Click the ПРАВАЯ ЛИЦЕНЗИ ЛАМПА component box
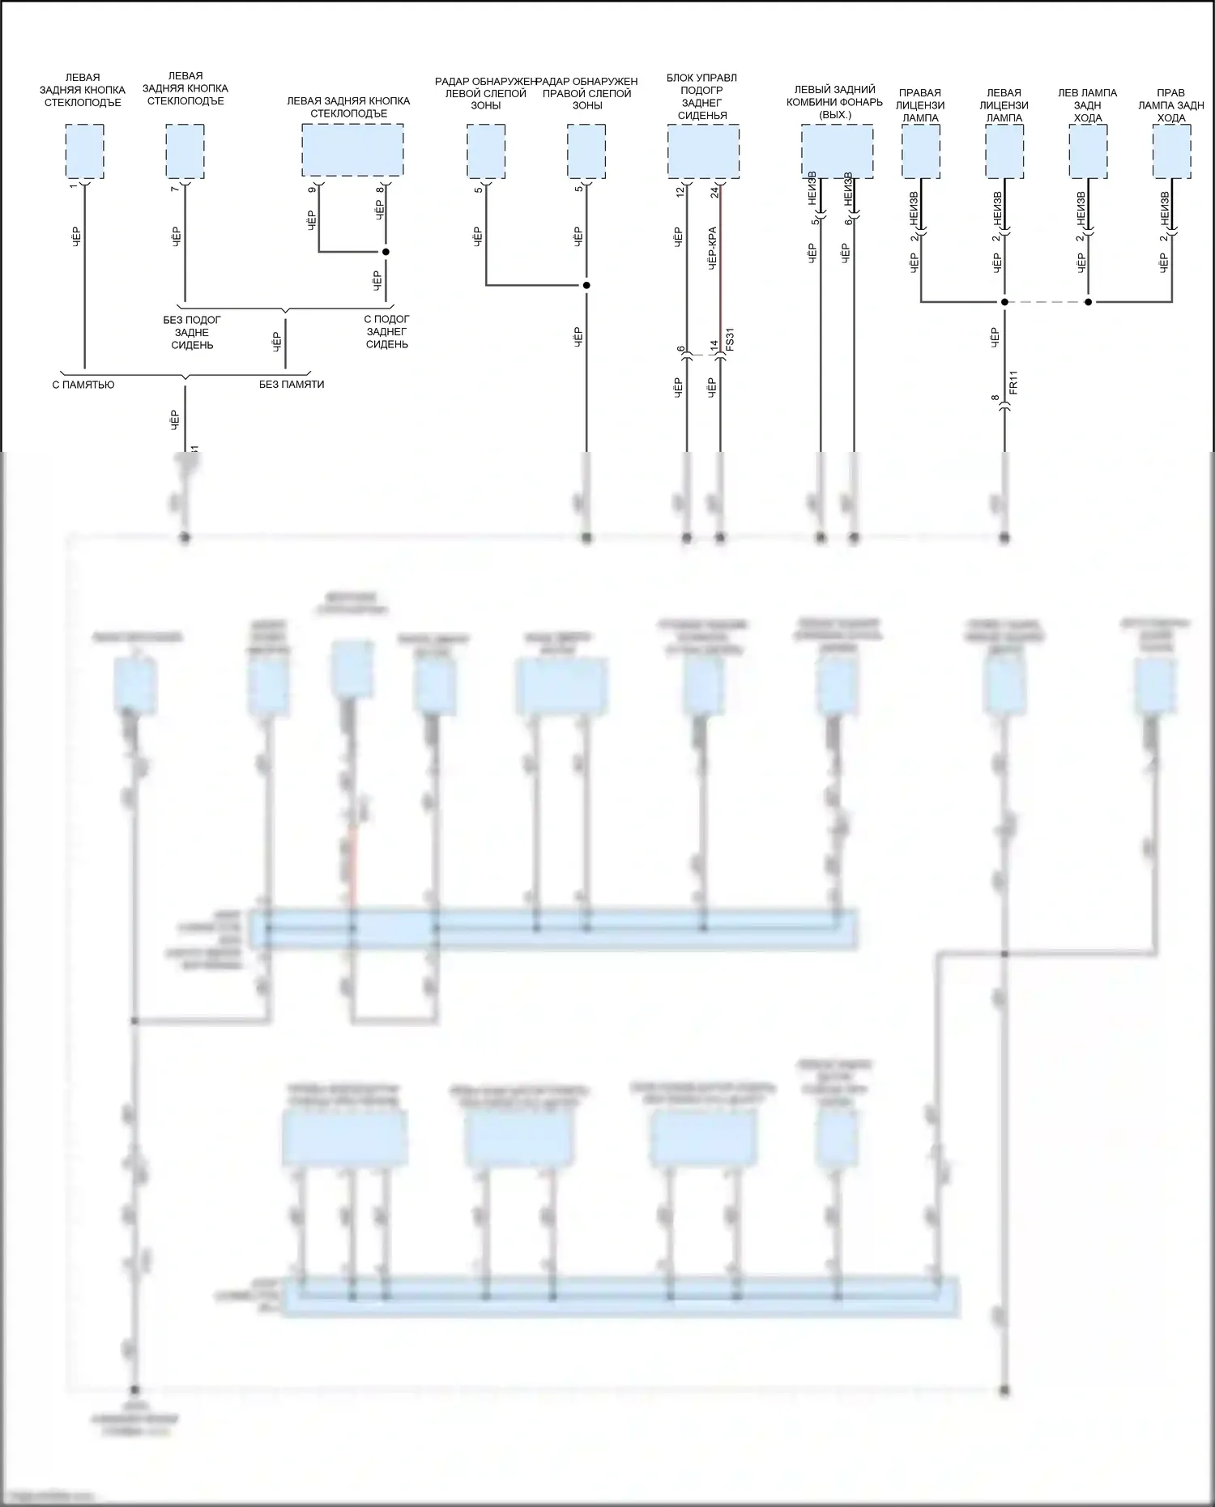pos(921,151)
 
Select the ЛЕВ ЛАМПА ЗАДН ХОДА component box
pos(1088,151)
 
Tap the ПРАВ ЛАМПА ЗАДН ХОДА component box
pos(1172,151)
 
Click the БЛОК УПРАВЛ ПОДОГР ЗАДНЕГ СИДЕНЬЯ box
pos(703,151)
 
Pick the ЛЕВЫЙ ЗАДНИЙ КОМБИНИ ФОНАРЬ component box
pos(837,151)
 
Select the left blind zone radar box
pos(486,151)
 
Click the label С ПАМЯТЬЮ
pos(83,385)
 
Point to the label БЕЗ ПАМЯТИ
pos(292,385)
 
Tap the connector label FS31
pos(730,339)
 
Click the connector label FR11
pos(1013,382)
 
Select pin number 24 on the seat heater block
pos(714,192)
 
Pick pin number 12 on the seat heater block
pos(680,192)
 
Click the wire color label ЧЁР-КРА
pos(712,248)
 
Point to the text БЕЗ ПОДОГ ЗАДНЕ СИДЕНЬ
pos(192,332)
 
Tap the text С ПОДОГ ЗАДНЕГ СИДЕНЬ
pos(387,332)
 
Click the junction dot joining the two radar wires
pos(586,285)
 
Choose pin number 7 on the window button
pos(176,189)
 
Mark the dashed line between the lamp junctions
pos(1046,302)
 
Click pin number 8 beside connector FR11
pos(995,398)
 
